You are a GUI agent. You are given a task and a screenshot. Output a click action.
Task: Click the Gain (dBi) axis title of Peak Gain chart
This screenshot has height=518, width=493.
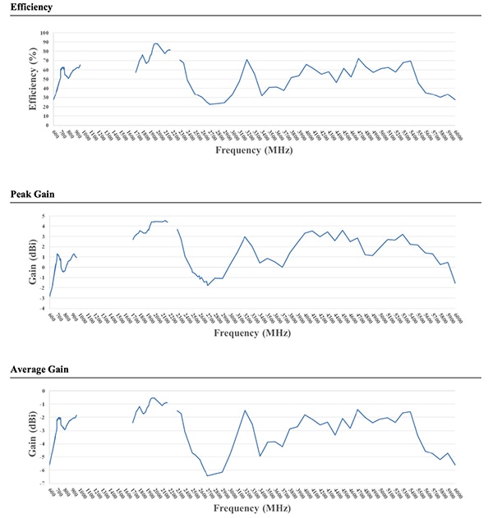(x=34, y=260)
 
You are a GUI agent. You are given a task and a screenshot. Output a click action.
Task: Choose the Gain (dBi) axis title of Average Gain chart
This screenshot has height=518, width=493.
(x=34, y=438)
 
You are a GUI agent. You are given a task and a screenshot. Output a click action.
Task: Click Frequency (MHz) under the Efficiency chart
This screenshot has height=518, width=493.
(x=254, y=151)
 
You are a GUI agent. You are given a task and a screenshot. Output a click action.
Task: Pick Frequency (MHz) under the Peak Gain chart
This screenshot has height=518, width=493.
(x=254, y=333)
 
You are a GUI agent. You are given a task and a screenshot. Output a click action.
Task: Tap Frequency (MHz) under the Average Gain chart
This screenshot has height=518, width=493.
(x=254, y=508)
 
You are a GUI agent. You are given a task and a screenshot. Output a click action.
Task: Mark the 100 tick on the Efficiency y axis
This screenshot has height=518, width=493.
(x=44, y=34)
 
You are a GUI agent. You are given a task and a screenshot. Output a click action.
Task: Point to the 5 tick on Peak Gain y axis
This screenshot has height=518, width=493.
(x=46, y=214)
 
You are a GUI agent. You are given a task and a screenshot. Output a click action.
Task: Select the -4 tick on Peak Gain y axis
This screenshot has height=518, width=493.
(x=45, y=309)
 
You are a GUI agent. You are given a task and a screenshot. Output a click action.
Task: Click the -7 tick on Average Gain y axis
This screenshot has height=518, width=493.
(x=45, y=484)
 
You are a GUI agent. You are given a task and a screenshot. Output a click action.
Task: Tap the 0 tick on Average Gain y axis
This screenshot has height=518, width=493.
(x=46, y=391)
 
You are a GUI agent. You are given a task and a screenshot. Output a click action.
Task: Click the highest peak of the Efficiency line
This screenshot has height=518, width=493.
(x=155, y=44)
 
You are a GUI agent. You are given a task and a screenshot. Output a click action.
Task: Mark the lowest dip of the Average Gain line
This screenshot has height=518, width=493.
(x=207, y=475)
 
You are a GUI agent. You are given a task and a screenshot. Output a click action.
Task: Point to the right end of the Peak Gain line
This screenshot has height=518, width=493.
(x=454, y=283)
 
